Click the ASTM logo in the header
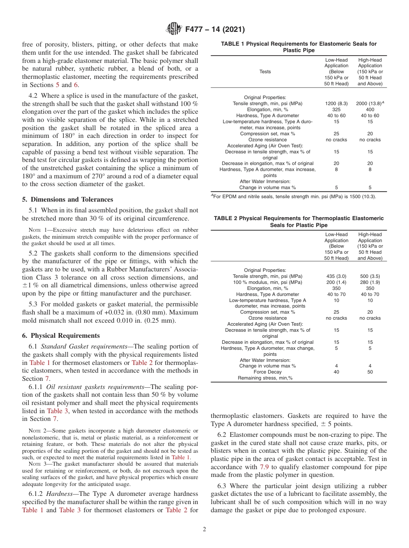[x=174, y=29]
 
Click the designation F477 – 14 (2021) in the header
[x=215, y=30]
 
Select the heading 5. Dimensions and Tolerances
[x=68, y=199]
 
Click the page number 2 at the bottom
[x=204, y=529]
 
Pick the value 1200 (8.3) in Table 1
[x=336, y=104]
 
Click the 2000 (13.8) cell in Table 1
[x=369, y=104]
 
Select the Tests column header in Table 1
[x=265, y=72]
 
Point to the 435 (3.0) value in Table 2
[x=336, y=276]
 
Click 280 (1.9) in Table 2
[x=370, y=282]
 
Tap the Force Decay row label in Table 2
[x=267, y=372]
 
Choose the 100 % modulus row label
[x=267, y=282]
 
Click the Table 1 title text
[x=298, y=47]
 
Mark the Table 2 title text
[x=298, y=221]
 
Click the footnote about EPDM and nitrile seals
[x=293, y=196]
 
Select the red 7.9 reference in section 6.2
[x=265, y=467]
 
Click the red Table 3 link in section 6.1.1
[x=57, y=411]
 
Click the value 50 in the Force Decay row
[x=370, y=372]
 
